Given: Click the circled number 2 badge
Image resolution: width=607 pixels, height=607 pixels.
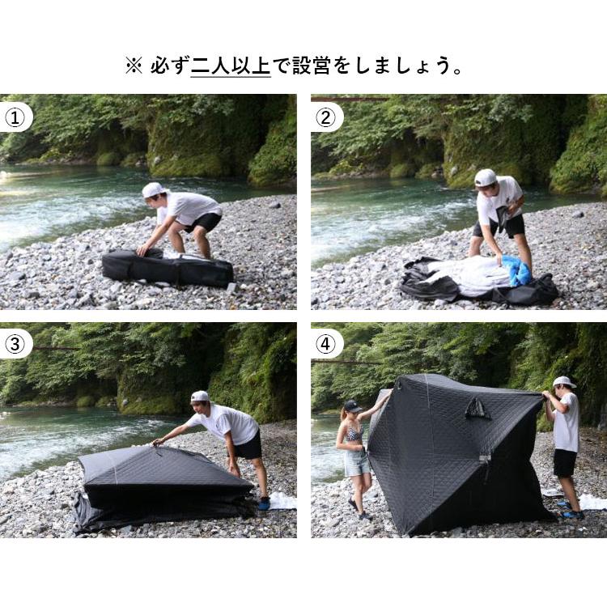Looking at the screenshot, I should click(325, 117).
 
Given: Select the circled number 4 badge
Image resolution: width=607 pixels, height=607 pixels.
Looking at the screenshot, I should click(325, 344).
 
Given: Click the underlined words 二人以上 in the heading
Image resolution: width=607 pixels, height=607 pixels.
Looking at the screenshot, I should click(231, 66).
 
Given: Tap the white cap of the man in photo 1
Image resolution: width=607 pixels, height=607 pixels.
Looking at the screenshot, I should click(152, 190).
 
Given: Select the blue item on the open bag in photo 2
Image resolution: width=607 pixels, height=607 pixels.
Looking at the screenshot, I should click(518, 271).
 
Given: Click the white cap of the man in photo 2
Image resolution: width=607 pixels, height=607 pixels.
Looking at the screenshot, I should click(485, 177).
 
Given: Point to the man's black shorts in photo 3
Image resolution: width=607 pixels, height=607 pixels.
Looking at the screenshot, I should click(248, 446).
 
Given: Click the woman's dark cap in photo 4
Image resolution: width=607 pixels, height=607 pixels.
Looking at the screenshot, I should click(353, 406).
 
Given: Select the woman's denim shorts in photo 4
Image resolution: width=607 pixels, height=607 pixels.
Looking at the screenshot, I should click(357, 462).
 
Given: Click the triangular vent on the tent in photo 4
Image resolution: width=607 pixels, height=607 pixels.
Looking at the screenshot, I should click(478, 409).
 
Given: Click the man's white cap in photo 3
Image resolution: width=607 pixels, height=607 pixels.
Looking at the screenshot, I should click(200, 397).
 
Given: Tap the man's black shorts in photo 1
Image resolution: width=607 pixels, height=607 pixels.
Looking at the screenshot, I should click(207, 222).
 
